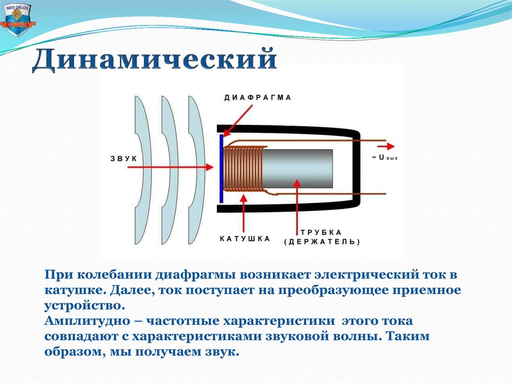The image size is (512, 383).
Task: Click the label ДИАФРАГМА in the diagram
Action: tap(257, 98)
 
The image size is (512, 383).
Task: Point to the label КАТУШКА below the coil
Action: tap(245, 238)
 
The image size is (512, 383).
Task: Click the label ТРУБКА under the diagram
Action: tap(321, 232)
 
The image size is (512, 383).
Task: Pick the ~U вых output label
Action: tap(384, 158)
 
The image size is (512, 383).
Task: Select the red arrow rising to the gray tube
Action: tap(298, 205)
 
